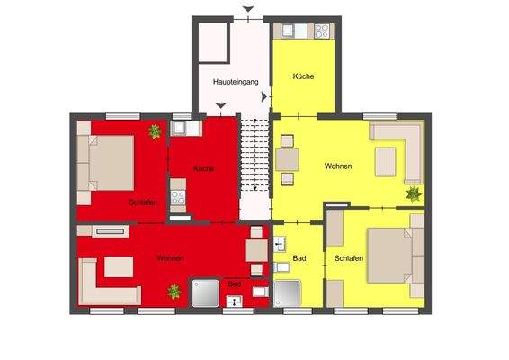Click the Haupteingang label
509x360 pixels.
click(236, 82)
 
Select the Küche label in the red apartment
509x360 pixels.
click(202, 167)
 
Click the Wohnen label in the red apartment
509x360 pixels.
click(171, 258)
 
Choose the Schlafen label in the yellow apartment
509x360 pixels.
click(349, 258)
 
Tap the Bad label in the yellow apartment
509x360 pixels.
click(299, 259)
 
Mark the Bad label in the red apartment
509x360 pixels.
click(234, 284)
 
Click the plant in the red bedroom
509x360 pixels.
click(155, 131)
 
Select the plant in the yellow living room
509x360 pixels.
click(413, 193)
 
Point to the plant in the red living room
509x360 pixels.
click(174, 292)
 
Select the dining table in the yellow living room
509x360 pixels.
click(288, 158)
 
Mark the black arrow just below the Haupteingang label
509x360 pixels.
click(221, 107)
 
